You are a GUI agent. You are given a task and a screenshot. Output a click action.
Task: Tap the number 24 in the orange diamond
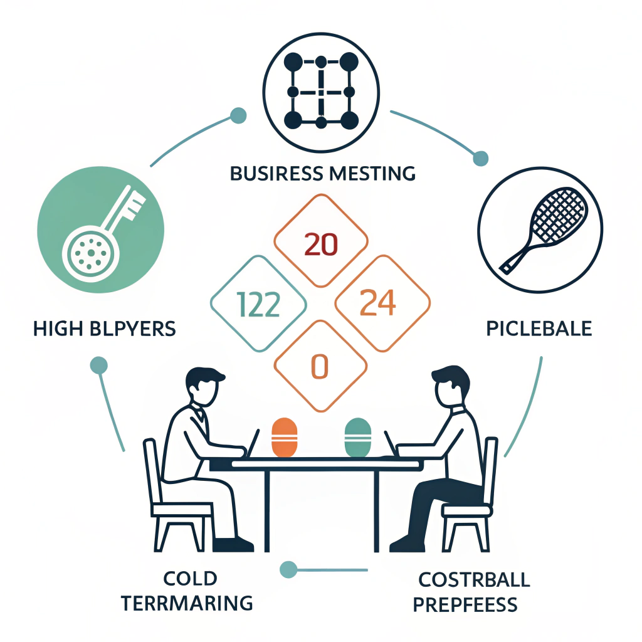click(x=379, y=303)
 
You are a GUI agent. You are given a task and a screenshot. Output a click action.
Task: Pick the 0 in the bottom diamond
click(x=320, y=367)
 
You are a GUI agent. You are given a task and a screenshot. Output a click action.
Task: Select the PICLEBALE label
click(x=539, y=329)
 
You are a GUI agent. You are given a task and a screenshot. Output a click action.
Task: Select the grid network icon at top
click(x=320, y=91)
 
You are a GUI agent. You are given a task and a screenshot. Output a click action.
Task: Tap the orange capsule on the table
click(x=284, y=436)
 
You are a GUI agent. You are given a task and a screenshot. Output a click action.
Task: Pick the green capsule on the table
click(x=359, y=436)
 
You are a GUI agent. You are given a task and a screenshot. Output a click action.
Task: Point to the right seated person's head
click(x=451, y=385)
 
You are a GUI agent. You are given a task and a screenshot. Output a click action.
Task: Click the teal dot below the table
click(x=288, y=569)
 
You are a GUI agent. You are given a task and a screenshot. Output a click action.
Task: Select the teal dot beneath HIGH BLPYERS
click(x=99, y=365)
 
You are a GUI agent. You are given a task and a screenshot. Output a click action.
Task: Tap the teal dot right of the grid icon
click(x=480, y=158)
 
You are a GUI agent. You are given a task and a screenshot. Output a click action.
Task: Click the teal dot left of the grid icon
click(x=238, y=115)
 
